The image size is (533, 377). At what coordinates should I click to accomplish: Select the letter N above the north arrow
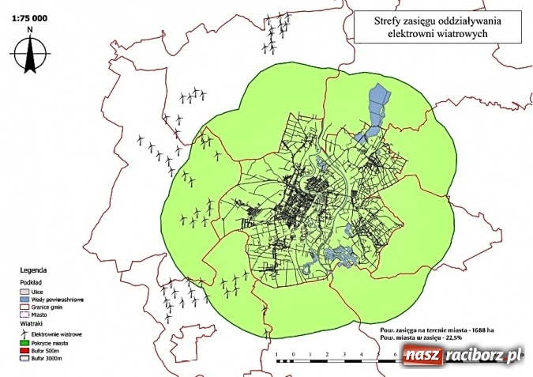[x=29, y=30]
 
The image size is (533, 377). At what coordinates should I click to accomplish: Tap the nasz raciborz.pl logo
[x=461, y=356]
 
